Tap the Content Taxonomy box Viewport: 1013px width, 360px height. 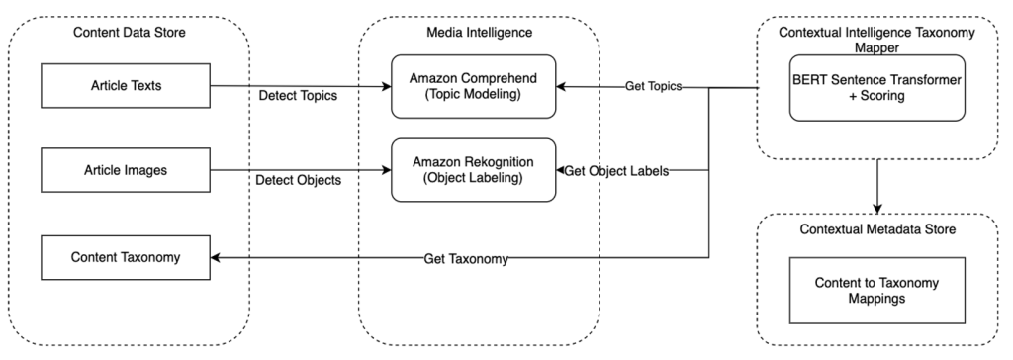[x=125, y=257]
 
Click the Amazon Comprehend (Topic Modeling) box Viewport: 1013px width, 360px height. [x=473, y=86]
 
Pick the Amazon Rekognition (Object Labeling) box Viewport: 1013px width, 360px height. [x=473, y=170]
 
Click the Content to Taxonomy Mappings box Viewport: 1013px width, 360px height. [x=877, y=291]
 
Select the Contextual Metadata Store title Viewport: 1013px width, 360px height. [x=876, y=230]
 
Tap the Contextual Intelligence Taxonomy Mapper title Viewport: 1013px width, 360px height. [x=876, y=39]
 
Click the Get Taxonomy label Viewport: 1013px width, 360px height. [x=465, y=258]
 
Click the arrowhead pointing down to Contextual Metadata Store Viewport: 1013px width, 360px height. [x=876, y=207]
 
